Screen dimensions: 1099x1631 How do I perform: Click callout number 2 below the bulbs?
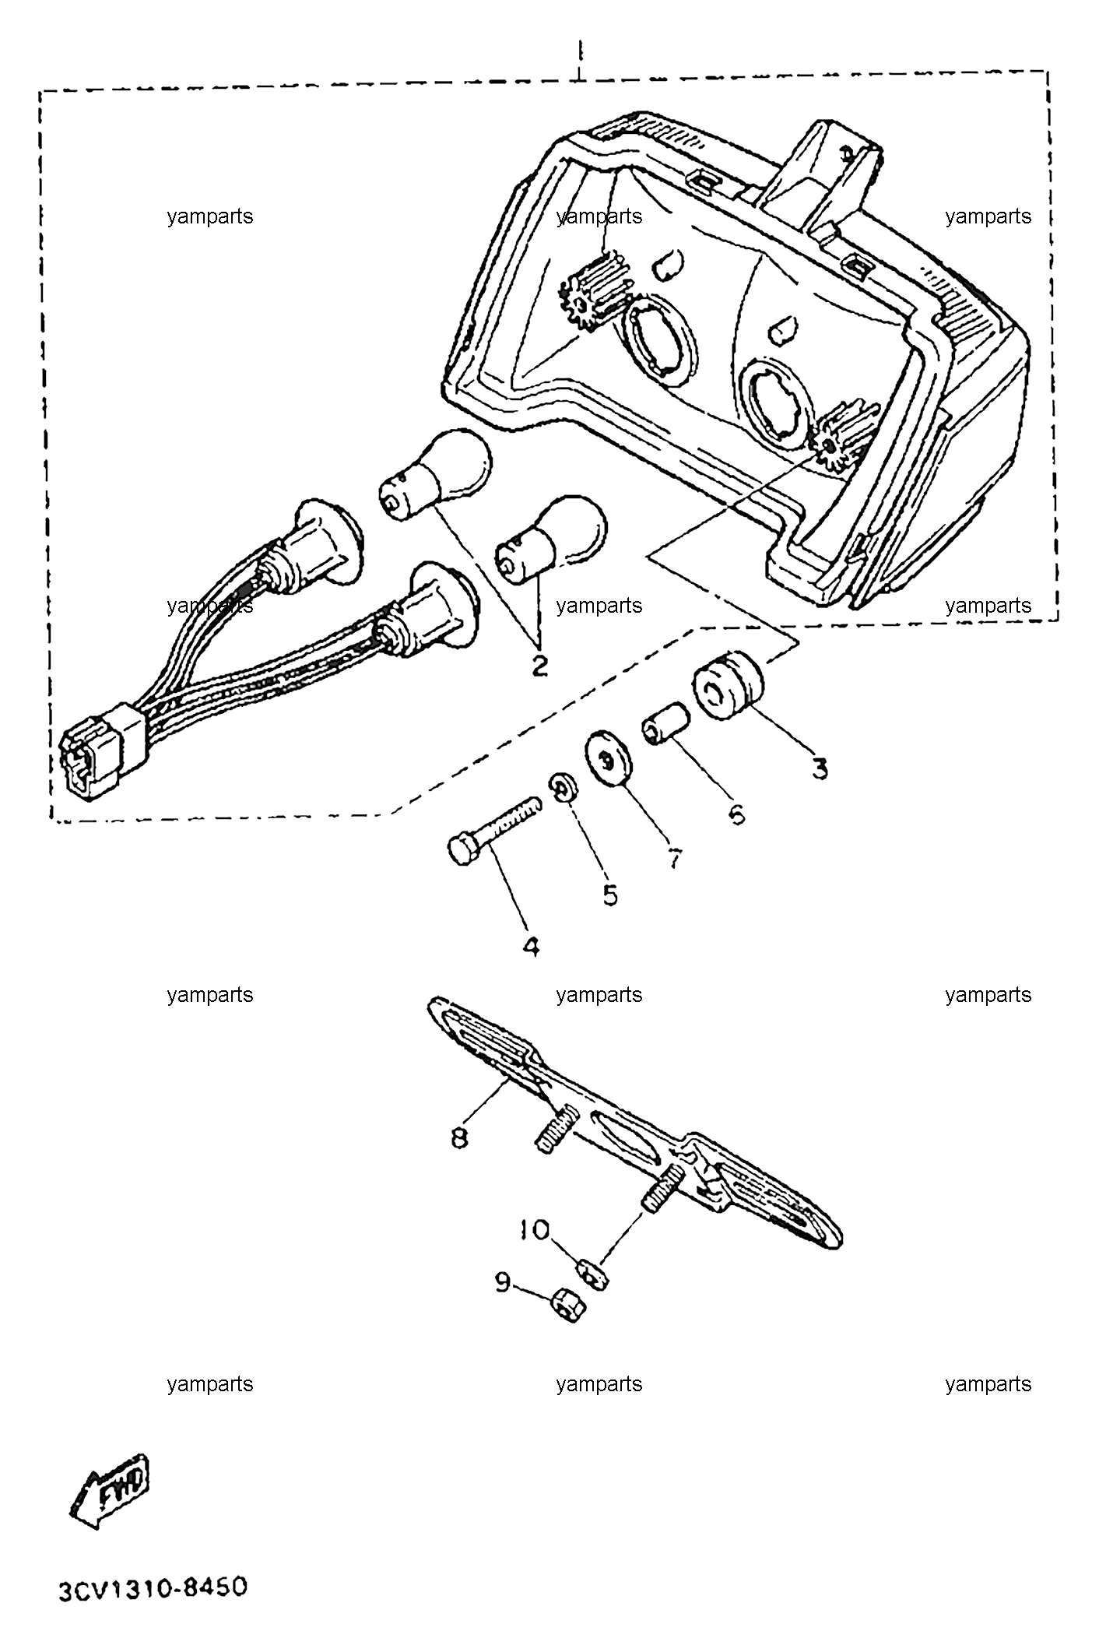click(x=538, y=665)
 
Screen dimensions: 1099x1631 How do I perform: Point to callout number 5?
click(x=609, y=895)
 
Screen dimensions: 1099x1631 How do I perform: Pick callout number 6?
click(x=736, y=814)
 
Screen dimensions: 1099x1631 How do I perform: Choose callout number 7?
click(x=674, y=858)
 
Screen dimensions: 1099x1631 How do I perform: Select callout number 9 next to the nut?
click(x=503, y=1281)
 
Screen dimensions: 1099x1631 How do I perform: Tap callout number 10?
click(x=535, y=1230)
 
